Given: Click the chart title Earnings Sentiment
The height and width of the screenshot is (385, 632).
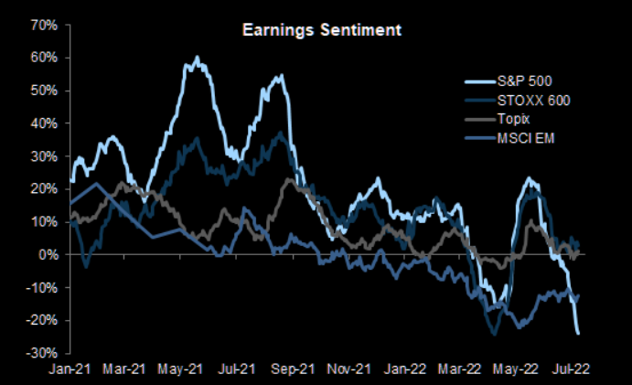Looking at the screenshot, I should click(x=321, y=30).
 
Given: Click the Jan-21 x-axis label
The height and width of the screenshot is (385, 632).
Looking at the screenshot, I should click(x=68, y=369).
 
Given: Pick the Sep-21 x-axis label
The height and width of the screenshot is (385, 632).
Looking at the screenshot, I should click(x=295, y=369).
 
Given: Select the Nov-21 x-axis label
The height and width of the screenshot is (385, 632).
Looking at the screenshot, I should click(x=351, y=369).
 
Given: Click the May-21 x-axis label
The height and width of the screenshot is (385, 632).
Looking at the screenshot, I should click(x=181, y=369).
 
